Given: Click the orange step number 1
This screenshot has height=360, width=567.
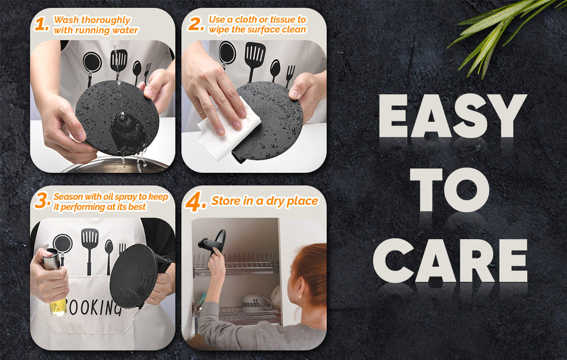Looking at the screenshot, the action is (x=41, y=24).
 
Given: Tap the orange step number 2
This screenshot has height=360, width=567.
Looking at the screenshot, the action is (x=196, y=24).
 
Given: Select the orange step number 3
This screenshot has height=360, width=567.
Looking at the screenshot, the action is (x=42, y=201).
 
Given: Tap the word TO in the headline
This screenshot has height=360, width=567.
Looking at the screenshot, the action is (x=449, y=190).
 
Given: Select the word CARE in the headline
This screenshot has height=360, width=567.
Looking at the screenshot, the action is (x=450, y=260).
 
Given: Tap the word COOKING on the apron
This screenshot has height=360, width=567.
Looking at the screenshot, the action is (x=95, y=307).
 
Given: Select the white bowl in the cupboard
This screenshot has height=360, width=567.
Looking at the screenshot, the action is (x=253, y=303).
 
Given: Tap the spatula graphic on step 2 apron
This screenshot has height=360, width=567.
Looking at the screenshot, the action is (x=255, y=60).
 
